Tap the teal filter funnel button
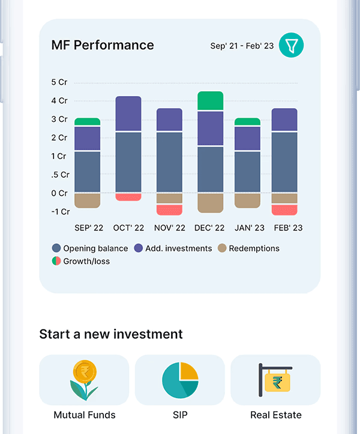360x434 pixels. [x=291, y=45]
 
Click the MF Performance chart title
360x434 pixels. [x=103, y=45]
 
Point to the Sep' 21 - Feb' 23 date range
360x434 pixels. [x=242, y=46]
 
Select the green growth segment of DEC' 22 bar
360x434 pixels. [x=210, y=100]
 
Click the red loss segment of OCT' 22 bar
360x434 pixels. [x=128, y=197]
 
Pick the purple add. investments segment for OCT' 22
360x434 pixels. [x=128, y=113]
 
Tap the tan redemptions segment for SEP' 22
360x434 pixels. [x=88, y=200]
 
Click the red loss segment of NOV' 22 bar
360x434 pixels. [x=169, y=210]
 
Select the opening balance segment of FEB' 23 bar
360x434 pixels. [x=284, y=162]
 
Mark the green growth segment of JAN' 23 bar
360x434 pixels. [x=247, y=121]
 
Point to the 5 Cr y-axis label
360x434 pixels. [x=59, y=82]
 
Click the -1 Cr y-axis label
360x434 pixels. [x=61, y=212]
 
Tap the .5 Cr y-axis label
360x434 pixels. [x=61, y=175]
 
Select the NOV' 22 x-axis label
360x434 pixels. [x=170, y=228]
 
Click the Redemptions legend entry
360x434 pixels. [x=248, y=249]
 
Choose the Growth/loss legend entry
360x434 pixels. [x=81, y=261]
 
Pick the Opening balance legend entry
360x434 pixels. [x=90, y=249]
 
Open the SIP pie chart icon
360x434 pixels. [x=180, y=380]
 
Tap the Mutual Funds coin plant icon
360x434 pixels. [x=84, y=380]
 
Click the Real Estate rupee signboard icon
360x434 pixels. [x=275, y=380]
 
